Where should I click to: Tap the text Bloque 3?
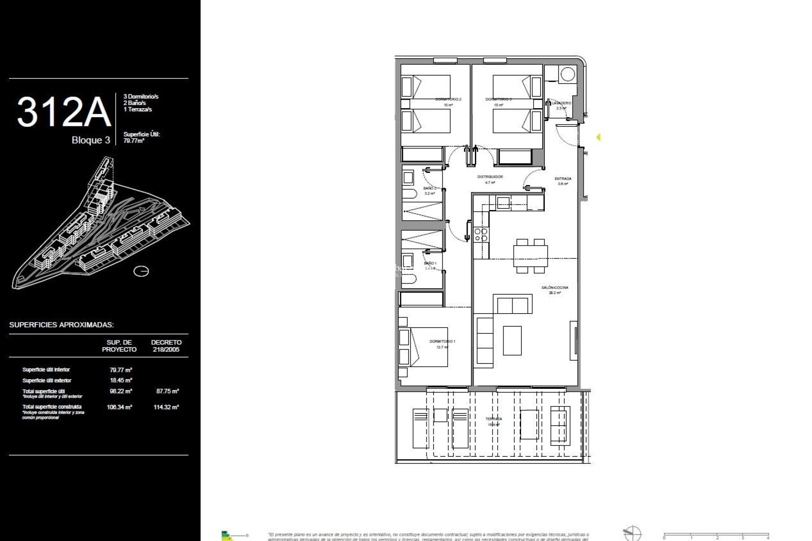click(91, 140)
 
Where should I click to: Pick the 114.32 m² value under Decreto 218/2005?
click(167, 407)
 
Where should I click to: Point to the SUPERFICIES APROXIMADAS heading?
click(62, 325)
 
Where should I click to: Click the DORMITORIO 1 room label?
click(442, 341)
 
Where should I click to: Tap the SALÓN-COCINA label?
click(554, 287)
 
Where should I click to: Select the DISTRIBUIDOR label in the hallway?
click(490, 177)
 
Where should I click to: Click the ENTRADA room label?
click(563, 179)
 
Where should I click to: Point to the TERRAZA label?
click(494, 419)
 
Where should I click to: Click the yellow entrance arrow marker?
click(598, 137)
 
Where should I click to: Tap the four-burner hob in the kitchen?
click(481, 235)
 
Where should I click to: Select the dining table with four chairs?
click(530, 256)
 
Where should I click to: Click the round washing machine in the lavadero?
click(567, 75)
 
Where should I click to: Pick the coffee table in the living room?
click(512, 340)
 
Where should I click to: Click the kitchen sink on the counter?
click(503, 203)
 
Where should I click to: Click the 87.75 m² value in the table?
click(167, 391)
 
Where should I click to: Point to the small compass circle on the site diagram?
click(141, 271)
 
